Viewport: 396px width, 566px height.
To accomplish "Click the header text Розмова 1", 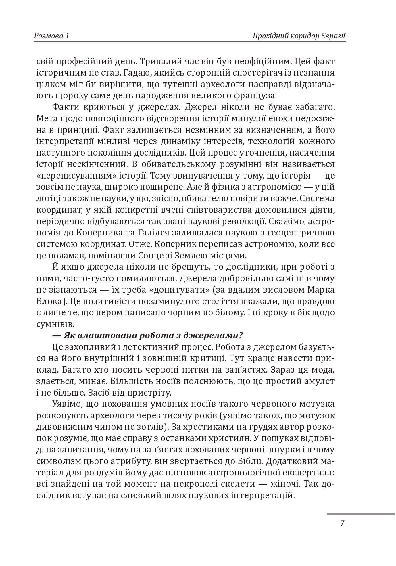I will (52, 36).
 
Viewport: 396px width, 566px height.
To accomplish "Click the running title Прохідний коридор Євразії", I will (299, 36).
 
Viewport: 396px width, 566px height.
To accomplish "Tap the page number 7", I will (342, 523).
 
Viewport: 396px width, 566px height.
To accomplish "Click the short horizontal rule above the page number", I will (361, 514).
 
